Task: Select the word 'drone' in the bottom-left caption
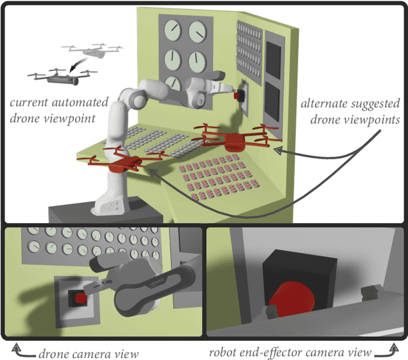pyautogui.click(x=55, y=353)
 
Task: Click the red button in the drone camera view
pyautogui.click(x=80, y=298)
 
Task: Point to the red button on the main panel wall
pyautogui.click(x=238, y=96)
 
